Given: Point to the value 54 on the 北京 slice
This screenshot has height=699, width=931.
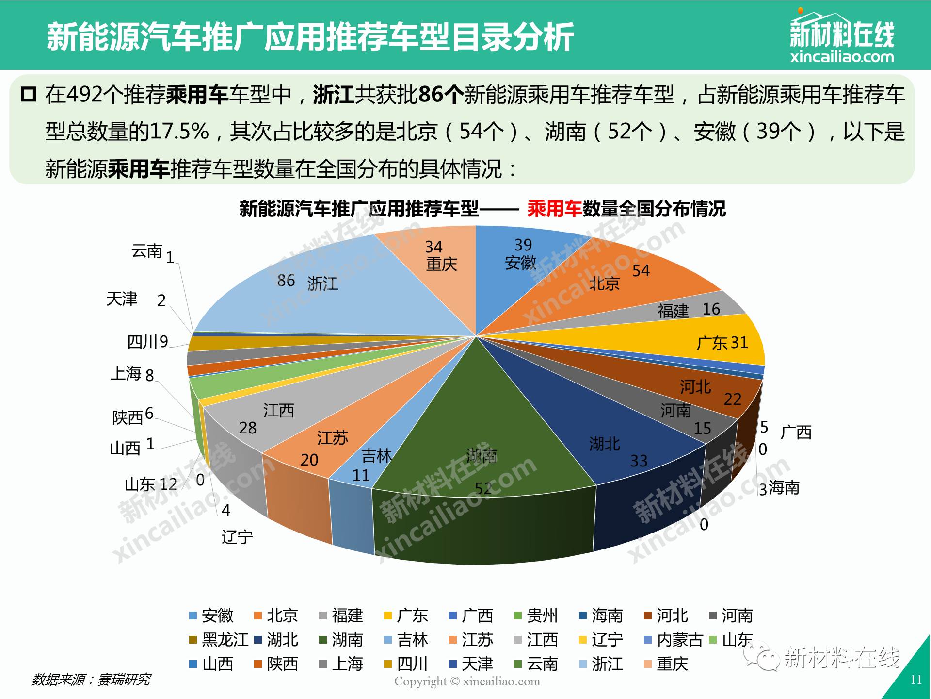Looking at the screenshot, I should tap(641, 271).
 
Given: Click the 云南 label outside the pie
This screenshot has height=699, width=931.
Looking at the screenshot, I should tap(146, 251).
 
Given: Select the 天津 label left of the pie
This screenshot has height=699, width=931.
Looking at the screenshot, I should tap(122, 299).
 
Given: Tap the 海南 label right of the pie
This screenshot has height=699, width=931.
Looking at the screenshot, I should tap(784, 487).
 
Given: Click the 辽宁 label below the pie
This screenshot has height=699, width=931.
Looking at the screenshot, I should tap(237, 537).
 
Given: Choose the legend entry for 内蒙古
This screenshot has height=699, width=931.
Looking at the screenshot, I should tap(679, 640).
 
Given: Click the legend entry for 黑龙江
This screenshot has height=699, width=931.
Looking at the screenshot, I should tap(225, 640).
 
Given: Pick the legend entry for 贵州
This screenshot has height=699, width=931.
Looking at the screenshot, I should tap(542, 616).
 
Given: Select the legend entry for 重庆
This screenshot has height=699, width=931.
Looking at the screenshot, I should tap(672, 664).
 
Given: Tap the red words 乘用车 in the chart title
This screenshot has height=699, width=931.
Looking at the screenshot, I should tap(554, 209).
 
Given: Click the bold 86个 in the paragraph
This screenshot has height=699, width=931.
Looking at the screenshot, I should tap(440, 95).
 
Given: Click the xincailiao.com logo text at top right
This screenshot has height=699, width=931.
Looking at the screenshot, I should tap(842, 57).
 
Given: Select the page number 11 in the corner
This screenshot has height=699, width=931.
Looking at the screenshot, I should tap(915, 680).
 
